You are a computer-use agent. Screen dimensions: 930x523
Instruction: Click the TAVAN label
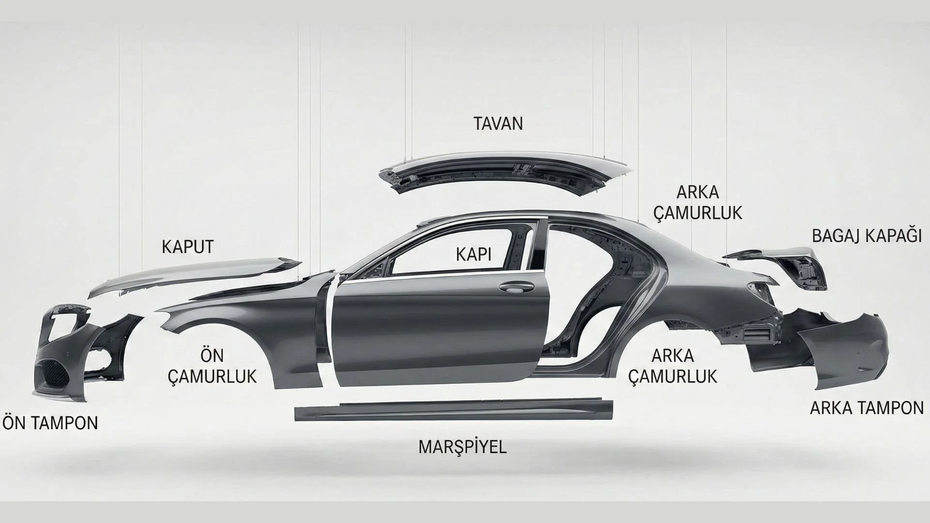pyautogui.click(x=498, y=123)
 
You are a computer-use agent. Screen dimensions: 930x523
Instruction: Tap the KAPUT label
pyautogui.click(x=187, y=247)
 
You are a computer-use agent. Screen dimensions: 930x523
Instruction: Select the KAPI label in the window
pyautogui.click(x=473, y=255)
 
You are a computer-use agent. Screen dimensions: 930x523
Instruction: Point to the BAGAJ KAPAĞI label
pyautogui.click(x=867, y=236)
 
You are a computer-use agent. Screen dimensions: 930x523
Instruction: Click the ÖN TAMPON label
pyautogui.click(x=50, y=423)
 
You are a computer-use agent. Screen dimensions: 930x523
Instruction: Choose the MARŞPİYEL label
pyautogui.click(x=462, y=446)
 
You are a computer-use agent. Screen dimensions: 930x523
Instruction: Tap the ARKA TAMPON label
pyautogui.click(x=867, y=408)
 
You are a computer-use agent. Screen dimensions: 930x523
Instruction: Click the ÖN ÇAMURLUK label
pyautogui.click(x=212, y=366)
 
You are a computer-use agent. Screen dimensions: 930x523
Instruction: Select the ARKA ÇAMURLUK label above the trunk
pyautogui.click(x=697, y=203)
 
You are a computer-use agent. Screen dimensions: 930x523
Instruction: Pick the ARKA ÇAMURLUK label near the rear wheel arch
pyautogui.click(x=673, y=366)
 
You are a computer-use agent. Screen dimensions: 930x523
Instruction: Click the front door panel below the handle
pyautogui.click(x=436, y=339)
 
